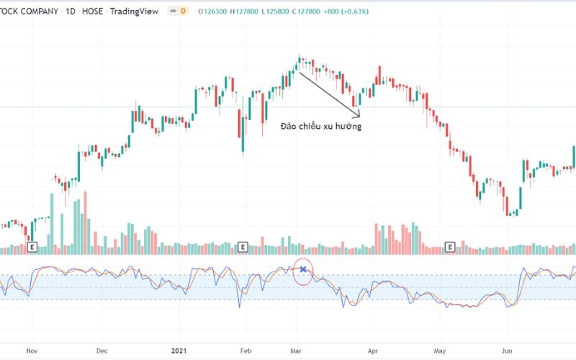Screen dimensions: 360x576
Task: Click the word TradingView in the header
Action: pos(133,11)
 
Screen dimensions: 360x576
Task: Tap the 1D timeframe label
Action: pos(71,11)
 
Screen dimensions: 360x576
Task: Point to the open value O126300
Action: pos(214,11)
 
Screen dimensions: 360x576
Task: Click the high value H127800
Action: pos(251,11)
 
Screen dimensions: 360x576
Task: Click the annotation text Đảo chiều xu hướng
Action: pos(321,126)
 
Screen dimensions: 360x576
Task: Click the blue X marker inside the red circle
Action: pos(303,270)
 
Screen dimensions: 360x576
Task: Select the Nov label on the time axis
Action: pos(31,351)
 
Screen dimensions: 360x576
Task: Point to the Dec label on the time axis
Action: pos(102,351)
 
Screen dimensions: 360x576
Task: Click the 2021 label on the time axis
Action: pos(179,351)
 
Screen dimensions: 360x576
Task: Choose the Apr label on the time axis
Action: pos(373,351)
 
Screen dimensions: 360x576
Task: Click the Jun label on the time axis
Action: pos(506,351)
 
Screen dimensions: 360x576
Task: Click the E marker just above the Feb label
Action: pos(243,248)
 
